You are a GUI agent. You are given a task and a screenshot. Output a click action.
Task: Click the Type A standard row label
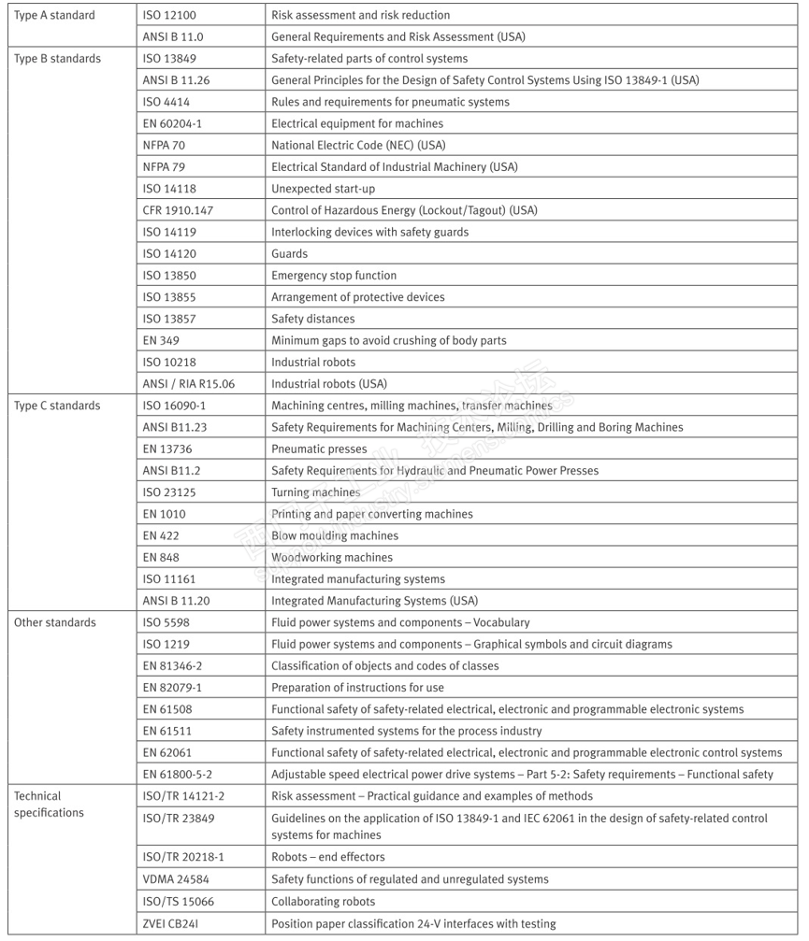coord(54,15)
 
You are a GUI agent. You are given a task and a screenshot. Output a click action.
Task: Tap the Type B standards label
coord(57,59)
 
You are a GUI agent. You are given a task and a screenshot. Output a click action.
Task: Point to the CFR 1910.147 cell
coord(176,210)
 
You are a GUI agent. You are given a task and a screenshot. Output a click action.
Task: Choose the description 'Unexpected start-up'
coord(323,189)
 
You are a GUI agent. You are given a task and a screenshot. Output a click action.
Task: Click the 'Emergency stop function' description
coord(334,276)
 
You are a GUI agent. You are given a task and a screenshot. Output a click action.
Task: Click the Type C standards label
coord(57,406)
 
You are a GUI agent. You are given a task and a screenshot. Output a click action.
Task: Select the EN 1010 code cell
coord(162,514)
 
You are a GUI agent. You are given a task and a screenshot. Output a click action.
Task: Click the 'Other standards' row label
coord(54,622)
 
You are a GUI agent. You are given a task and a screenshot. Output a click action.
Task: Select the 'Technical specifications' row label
coord(49,805)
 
